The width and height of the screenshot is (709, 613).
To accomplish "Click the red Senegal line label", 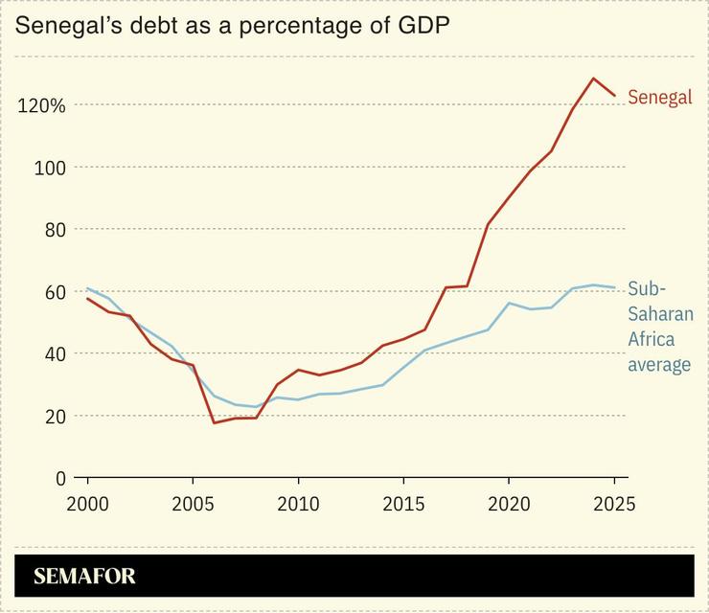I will (659, 98).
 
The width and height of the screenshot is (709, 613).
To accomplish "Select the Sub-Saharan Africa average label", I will (659, 327).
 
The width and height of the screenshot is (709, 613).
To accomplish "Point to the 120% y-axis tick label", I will (41, 105).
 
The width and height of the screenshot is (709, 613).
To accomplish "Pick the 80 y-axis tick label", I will (54, 230).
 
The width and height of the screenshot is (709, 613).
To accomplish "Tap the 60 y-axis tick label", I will (54, 292).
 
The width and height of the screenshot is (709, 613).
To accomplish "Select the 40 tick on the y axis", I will (54, 354).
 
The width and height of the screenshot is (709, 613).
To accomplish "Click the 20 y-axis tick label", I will (54, 417).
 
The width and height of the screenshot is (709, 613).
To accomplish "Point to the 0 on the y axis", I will (59, 478).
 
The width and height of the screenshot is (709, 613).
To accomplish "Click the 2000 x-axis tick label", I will (87, 503).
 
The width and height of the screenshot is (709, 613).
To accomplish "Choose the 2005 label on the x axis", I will (193, 503).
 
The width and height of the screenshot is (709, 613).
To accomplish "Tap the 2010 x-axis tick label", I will (298, 503).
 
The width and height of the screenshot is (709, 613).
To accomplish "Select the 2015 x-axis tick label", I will (403, 503).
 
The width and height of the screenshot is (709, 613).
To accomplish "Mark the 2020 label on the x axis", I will (509, 503).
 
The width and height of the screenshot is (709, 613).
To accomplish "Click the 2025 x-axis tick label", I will (614, 503).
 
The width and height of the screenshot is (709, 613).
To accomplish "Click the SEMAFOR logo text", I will (84, 577).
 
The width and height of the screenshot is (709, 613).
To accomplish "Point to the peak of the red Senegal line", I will (593, 79).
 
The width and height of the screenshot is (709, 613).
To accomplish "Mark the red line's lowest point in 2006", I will (214, 422).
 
